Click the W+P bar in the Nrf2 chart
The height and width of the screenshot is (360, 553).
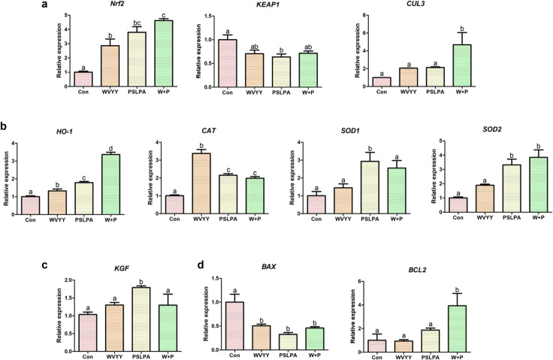pos(164,53)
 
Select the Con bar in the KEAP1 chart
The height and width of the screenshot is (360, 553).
pos(228,63)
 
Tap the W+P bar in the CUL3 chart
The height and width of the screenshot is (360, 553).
pos(461,65)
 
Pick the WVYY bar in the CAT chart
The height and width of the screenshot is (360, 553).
pos(201,183)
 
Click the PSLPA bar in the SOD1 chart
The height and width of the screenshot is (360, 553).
pos(370,187)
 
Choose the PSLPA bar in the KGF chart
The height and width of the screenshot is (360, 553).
pos(141,319)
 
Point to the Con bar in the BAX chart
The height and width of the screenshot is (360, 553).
pos(234,326)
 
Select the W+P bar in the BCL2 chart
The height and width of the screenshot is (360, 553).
pos(457,329)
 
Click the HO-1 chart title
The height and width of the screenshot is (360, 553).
pos(65,132)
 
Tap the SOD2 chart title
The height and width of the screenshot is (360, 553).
pos(492,129)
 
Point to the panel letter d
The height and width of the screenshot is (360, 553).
pos(201,264)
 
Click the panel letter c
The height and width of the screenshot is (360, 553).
pos(45,265)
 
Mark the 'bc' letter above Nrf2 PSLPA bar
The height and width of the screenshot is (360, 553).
pos(137,23)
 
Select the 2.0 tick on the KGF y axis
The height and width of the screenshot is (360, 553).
pos(68,280)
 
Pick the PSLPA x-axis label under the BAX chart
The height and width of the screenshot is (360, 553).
pos(288,355)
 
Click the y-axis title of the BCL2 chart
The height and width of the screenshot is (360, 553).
pos(353,316)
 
